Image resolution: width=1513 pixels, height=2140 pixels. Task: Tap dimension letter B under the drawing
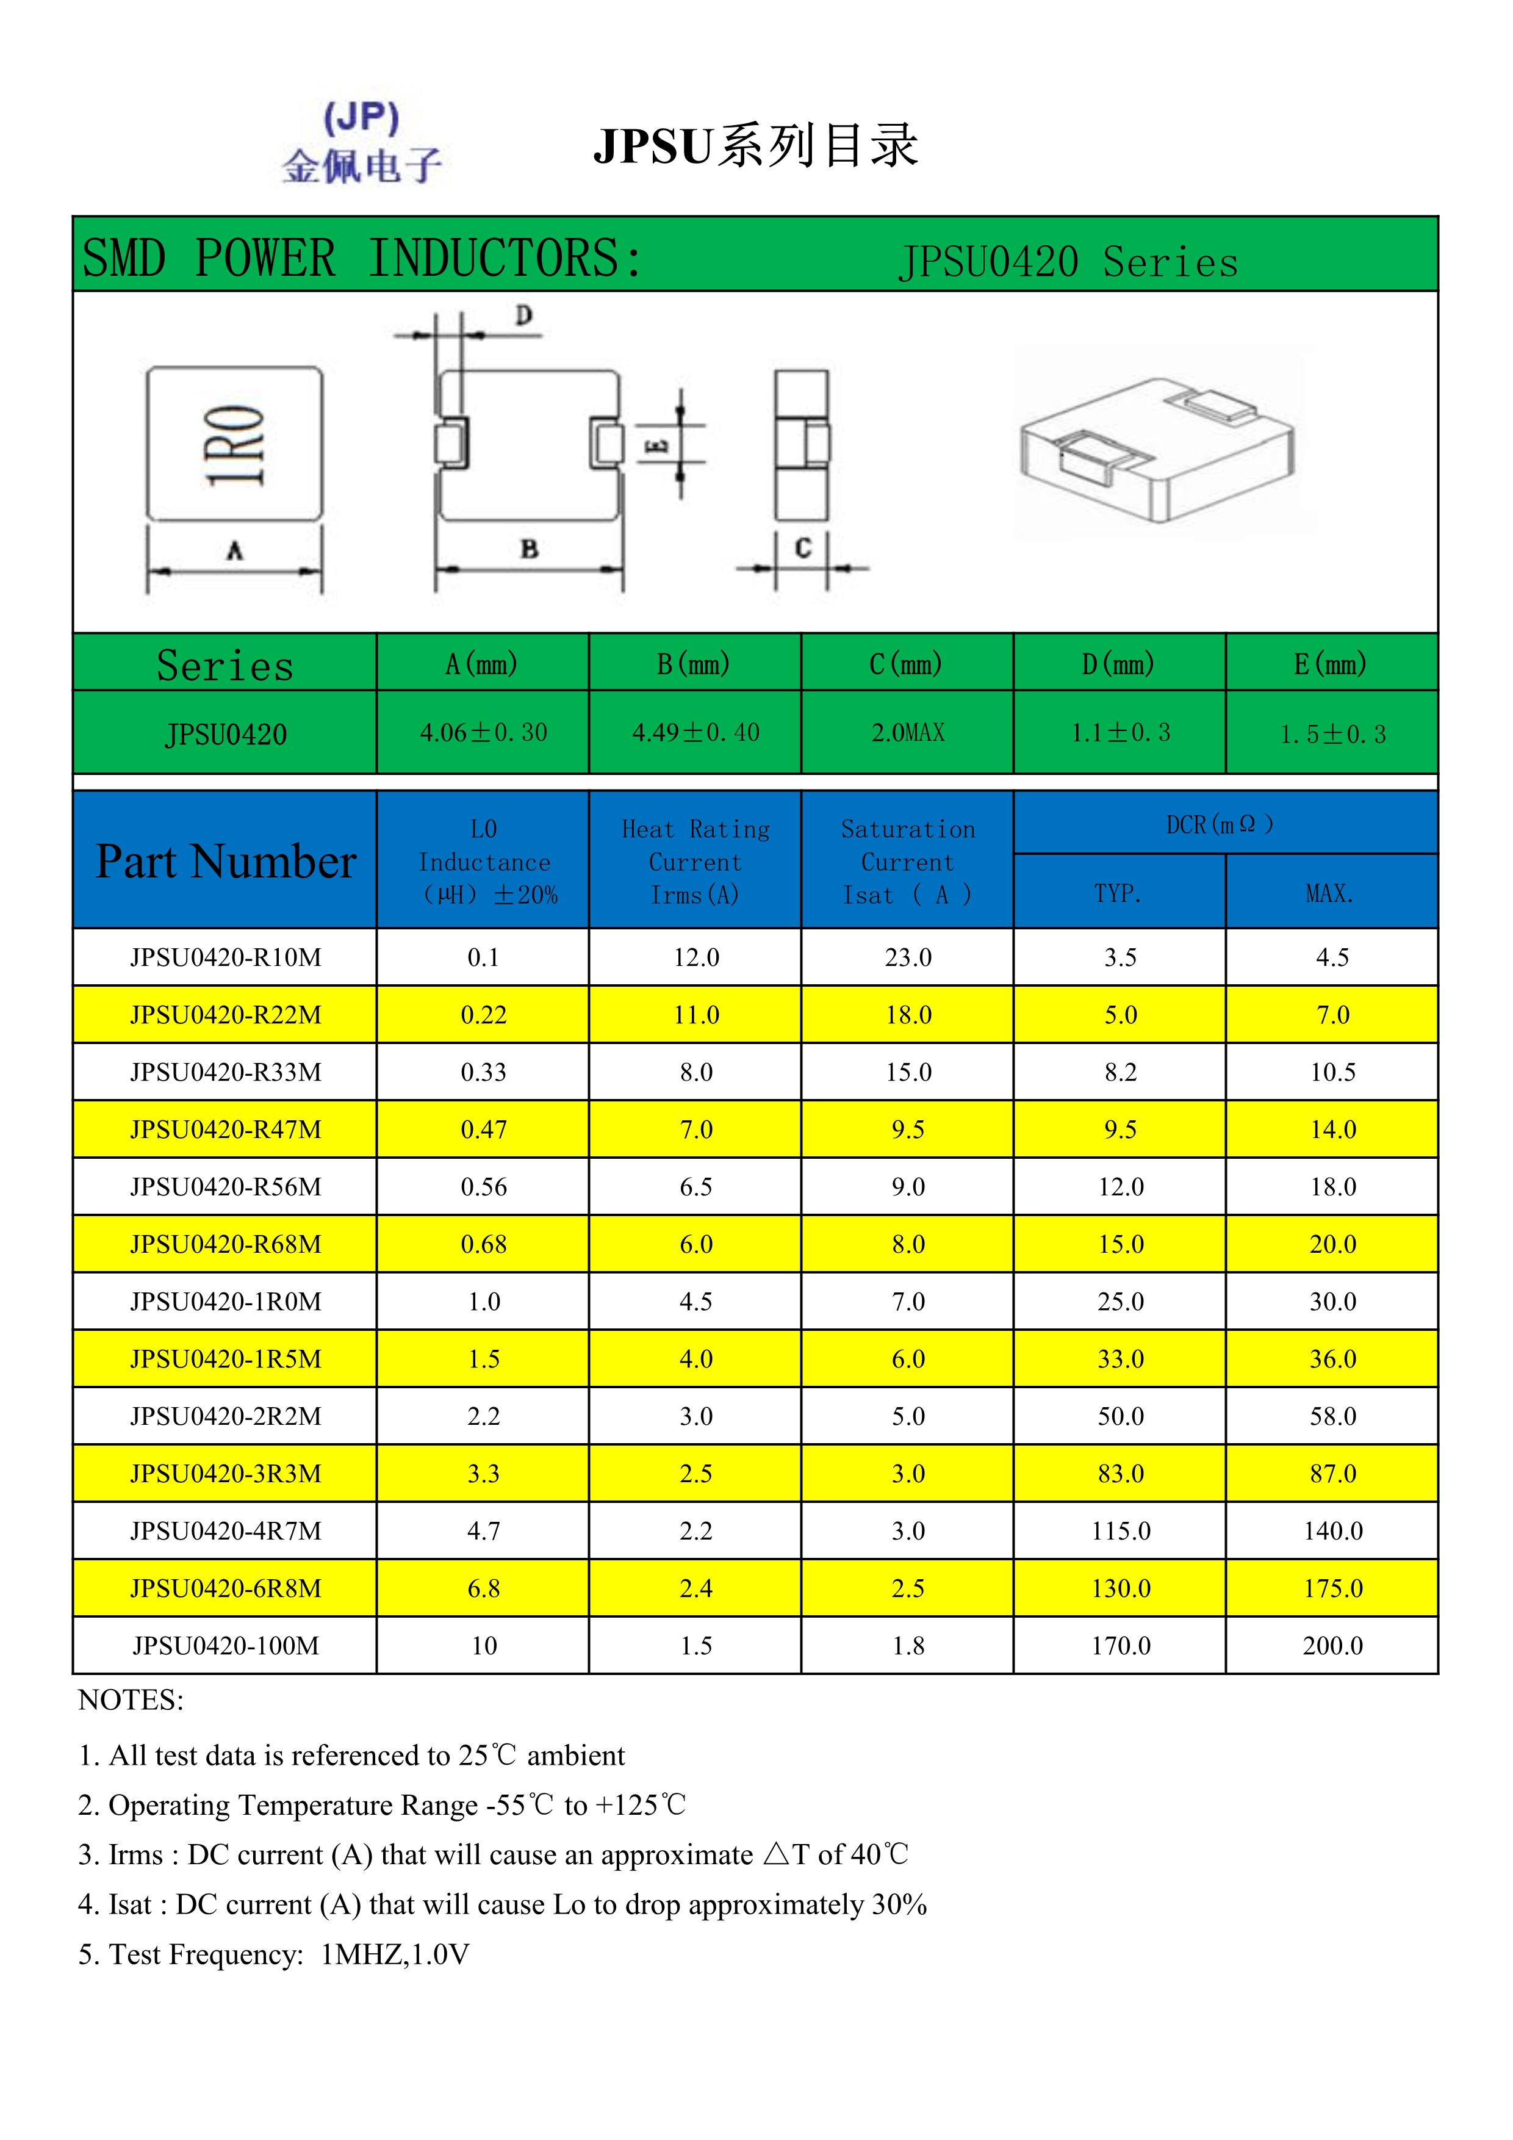click(x=529, y=549)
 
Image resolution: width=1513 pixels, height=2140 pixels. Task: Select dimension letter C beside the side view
click(x=802, y=548)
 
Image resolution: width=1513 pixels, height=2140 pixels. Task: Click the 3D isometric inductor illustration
click(x=1157, y=445)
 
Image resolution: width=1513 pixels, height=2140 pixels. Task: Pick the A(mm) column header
click(x=482, y=664)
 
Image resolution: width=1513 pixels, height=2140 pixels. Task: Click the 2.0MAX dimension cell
click(x=907, y=733)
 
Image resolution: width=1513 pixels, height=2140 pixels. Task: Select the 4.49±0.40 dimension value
click(x=695, y=733)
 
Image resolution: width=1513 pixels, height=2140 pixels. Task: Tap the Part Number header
click(x=226, y=860)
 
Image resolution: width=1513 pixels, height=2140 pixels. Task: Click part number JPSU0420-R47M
click(x=226, y=1129)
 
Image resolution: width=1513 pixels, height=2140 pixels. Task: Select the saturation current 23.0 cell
click(x=907, y=957)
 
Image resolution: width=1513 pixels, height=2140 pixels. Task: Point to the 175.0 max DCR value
click(x=1332, y=1588)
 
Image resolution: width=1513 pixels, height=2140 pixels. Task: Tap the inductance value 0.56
click(x=484, y=1186)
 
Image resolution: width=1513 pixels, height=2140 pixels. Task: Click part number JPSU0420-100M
click(x=226, y=1646)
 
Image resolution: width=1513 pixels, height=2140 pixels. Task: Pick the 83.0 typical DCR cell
click(x=1120, y=1474)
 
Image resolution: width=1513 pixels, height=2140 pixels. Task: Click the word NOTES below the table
click(x=131, y=1700)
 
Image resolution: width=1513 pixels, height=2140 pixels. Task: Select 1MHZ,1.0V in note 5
click(x=395, y=1954)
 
